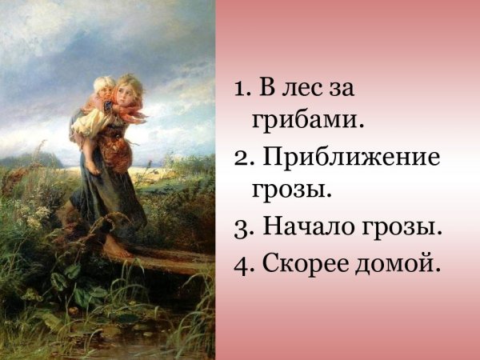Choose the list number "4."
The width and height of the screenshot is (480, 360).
coord(243,262)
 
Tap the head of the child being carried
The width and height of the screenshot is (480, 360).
coord(103,86)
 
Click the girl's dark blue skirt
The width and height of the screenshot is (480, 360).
coord(108,200)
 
